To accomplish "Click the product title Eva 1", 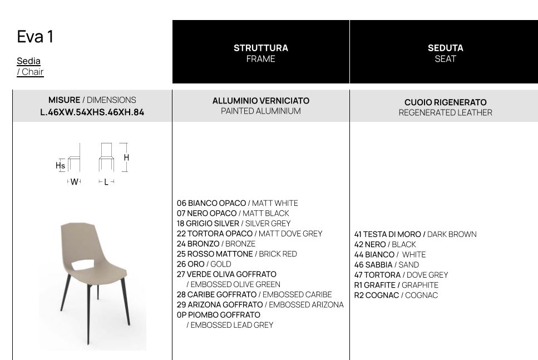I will tap(35, 37).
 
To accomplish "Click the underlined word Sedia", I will tap(28, 61).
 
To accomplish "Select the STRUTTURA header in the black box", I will tap(260, 48).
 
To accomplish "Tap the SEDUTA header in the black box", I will tap(445, 48).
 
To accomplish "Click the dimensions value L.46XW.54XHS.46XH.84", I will tap(92, 112).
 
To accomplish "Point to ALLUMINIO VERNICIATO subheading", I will tap(260, 101).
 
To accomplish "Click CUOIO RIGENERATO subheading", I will tap(445, 102).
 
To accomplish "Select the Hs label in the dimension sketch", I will tap(60, 165).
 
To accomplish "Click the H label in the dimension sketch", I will tap(126, 157).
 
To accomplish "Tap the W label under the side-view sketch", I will tap(74, 182).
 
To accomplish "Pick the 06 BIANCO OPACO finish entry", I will tap(211, 203).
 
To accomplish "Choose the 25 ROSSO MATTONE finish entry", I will tap(215, 254).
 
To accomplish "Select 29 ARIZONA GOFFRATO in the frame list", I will tap(220, 304).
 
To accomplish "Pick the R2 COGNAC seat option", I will tap(377, 295).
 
